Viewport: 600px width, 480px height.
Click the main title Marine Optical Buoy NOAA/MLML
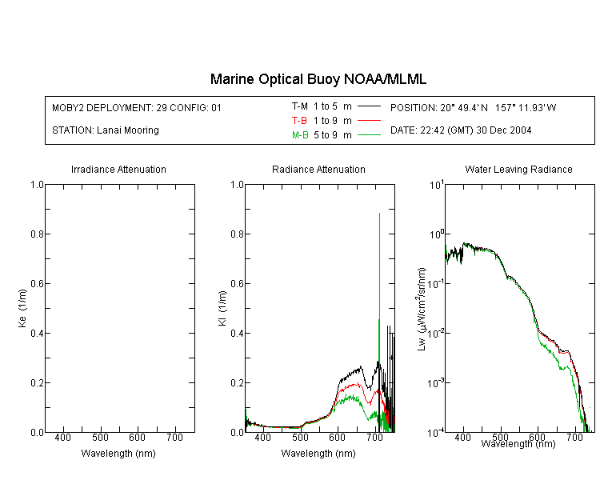[x=318, y=79]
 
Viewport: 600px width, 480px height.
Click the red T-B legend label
[x=300, y=120]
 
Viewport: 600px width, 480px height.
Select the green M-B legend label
[x=300, y=135]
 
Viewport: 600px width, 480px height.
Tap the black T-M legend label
[x=300, y=106]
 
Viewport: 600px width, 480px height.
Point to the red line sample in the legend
[x=368, y=120]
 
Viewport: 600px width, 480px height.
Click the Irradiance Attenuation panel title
[x=118, y=170]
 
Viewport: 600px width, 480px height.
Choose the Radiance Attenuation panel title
[x=318, y=170]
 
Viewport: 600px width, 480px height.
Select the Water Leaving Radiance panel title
[x=518, y=170]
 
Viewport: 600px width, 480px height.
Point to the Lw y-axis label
[x=422, y=308]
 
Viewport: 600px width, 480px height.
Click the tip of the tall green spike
[x=379, y=213]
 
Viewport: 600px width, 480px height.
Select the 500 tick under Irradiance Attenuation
[x=100, y=438]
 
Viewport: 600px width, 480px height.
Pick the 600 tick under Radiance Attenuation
[x=338, y=438]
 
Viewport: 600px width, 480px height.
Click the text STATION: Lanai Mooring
[x=105, y=130]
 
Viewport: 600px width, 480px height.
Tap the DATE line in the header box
[x=461, y=130]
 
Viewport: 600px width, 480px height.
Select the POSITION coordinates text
[x=473, y=107]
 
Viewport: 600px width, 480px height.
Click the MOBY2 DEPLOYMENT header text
[x=137, y=107]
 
